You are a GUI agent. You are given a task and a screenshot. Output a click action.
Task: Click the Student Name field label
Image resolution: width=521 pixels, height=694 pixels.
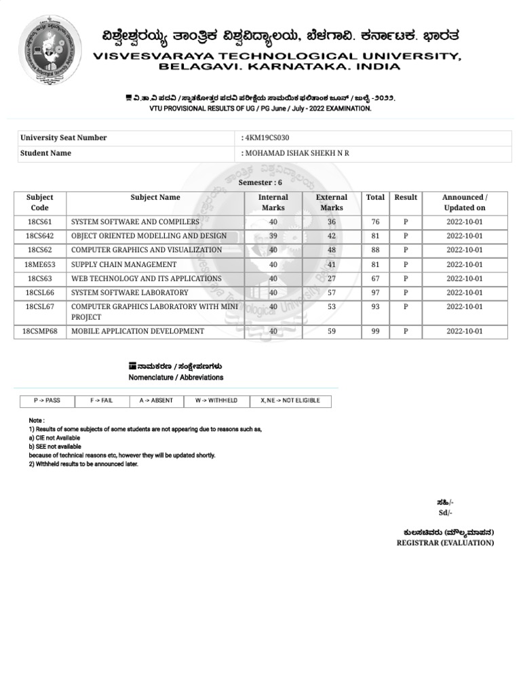(46, 153)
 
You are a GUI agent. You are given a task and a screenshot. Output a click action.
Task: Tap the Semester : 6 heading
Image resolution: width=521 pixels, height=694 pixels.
(260, 183)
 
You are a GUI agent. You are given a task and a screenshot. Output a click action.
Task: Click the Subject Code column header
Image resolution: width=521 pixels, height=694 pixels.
(40, 203)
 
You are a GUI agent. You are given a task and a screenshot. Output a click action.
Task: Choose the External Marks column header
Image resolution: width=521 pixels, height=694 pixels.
(332, 203)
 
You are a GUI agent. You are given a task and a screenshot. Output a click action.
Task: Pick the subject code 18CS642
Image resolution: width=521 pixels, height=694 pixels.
(40, 236)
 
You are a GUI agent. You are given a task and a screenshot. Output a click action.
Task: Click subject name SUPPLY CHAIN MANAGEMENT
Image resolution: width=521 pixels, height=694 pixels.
(123, 264)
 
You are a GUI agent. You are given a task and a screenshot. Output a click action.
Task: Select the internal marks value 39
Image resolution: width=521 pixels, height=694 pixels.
(273, 236)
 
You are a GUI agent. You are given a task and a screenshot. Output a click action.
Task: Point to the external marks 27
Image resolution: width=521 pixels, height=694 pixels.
(332, 279)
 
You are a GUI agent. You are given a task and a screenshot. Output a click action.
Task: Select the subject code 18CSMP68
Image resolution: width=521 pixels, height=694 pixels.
(40, 331)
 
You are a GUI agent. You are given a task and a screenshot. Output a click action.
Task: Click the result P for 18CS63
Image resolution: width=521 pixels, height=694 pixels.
(406, 279)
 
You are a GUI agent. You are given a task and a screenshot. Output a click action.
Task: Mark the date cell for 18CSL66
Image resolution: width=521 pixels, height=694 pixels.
(464, 293)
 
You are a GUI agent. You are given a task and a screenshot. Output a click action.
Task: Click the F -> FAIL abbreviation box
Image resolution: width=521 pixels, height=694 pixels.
(102, 401)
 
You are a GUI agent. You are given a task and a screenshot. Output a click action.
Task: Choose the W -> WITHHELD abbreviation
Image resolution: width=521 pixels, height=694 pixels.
(216, 401)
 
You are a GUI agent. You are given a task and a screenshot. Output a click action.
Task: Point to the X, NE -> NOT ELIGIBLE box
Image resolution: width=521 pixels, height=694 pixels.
(290, 401)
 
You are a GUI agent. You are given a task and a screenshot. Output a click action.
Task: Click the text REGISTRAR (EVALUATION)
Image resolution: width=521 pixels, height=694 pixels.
(445, 543)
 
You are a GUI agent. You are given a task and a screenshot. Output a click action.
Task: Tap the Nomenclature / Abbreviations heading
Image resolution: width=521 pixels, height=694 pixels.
(176, 377)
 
